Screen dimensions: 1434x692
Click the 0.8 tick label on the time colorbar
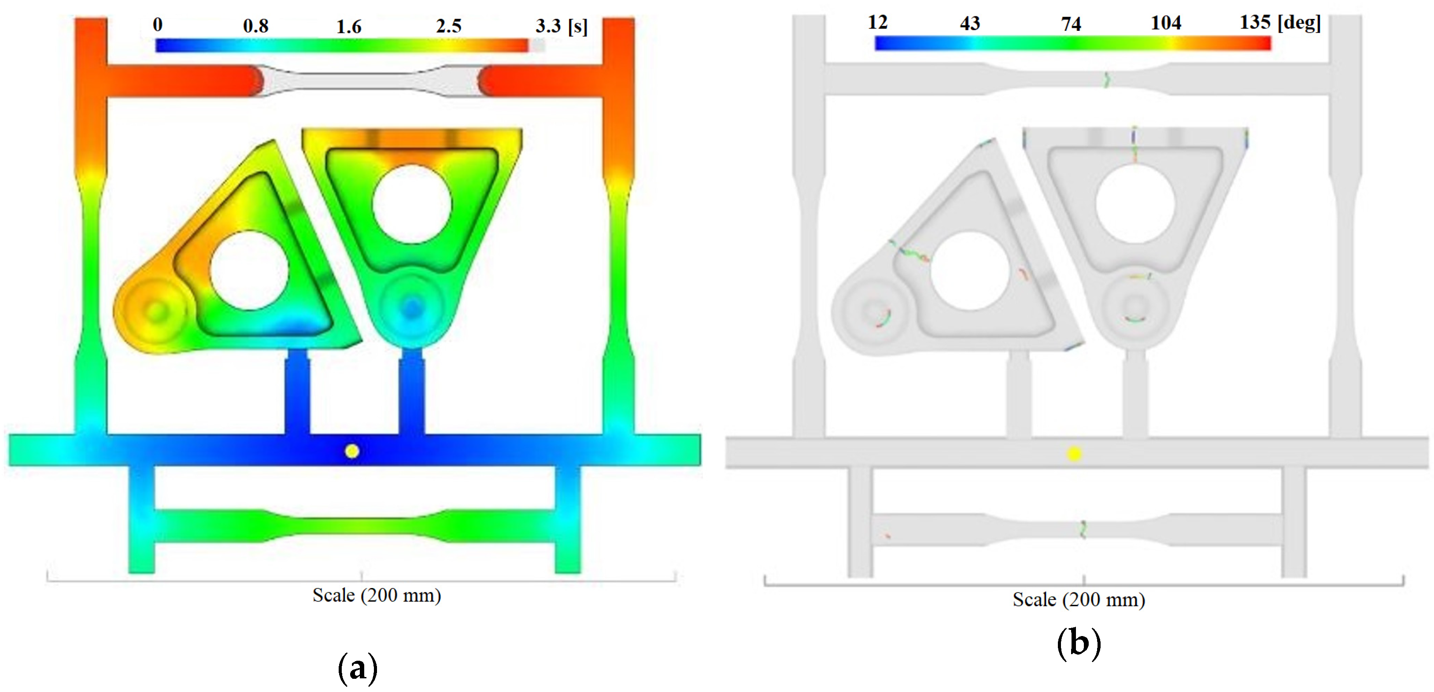point(255,26)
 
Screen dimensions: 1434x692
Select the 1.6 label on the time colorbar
point(349,27)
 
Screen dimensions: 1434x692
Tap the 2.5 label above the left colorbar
point(449,26)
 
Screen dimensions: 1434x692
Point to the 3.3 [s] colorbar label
point(561,26)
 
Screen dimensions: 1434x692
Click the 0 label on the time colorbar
point(158,25)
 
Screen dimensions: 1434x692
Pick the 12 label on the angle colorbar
point(877,22)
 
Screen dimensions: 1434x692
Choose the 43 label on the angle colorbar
point(970,23)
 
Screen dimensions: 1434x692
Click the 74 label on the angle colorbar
point(1071,24)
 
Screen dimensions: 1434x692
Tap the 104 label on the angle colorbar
point(1166,23)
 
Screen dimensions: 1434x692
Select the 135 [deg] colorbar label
point(1280,23)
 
